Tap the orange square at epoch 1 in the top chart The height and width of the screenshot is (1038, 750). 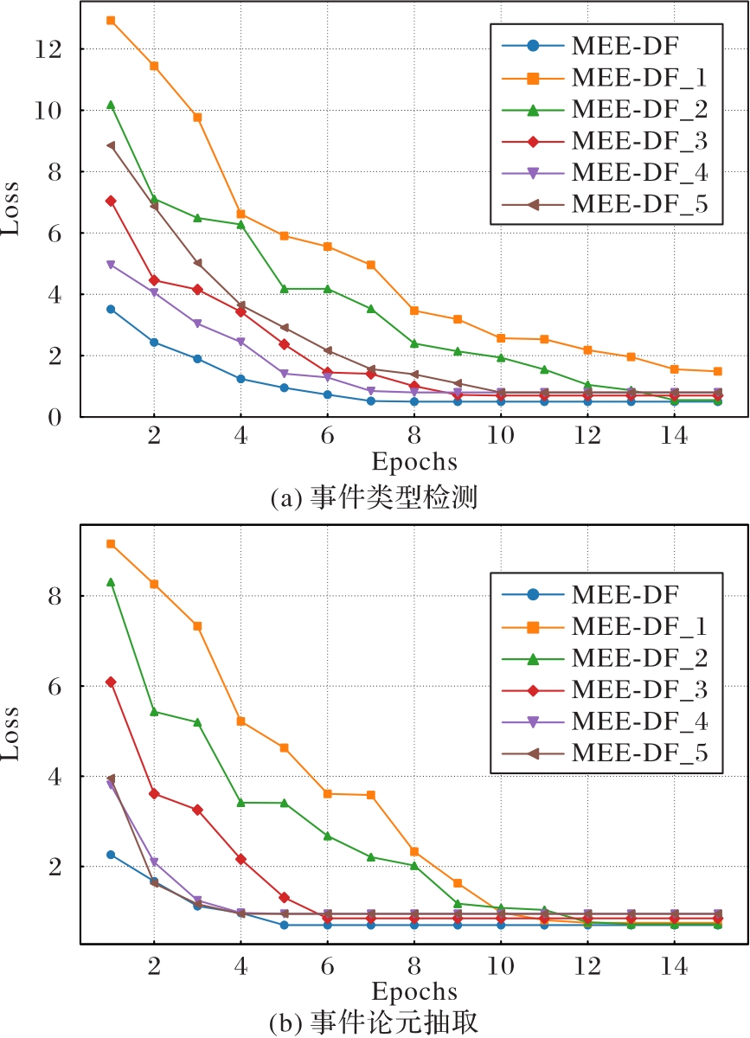point(111,20)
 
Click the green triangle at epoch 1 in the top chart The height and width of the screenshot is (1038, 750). point(111,105)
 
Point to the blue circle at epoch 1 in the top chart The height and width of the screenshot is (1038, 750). point(111,309)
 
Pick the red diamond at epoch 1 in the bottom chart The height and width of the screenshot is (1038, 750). point(111,682)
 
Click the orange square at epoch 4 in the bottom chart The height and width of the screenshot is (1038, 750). point(240,721)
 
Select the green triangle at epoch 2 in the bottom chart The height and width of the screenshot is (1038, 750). point(154,712)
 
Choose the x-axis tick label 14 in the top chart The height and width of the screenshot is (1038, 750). point(674,438)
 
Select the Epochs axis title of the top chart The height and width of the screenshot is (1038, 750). point(413,461)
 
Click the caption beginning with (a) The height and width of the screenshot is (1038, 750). point(374,498)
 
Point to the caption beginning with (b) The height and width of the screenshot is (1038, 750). point(374,1021)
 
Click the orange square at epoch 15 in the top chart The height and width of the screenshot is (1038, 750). point(717,371)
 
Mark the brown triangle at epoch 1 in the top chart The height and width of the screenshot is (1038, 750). point(111,145)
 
